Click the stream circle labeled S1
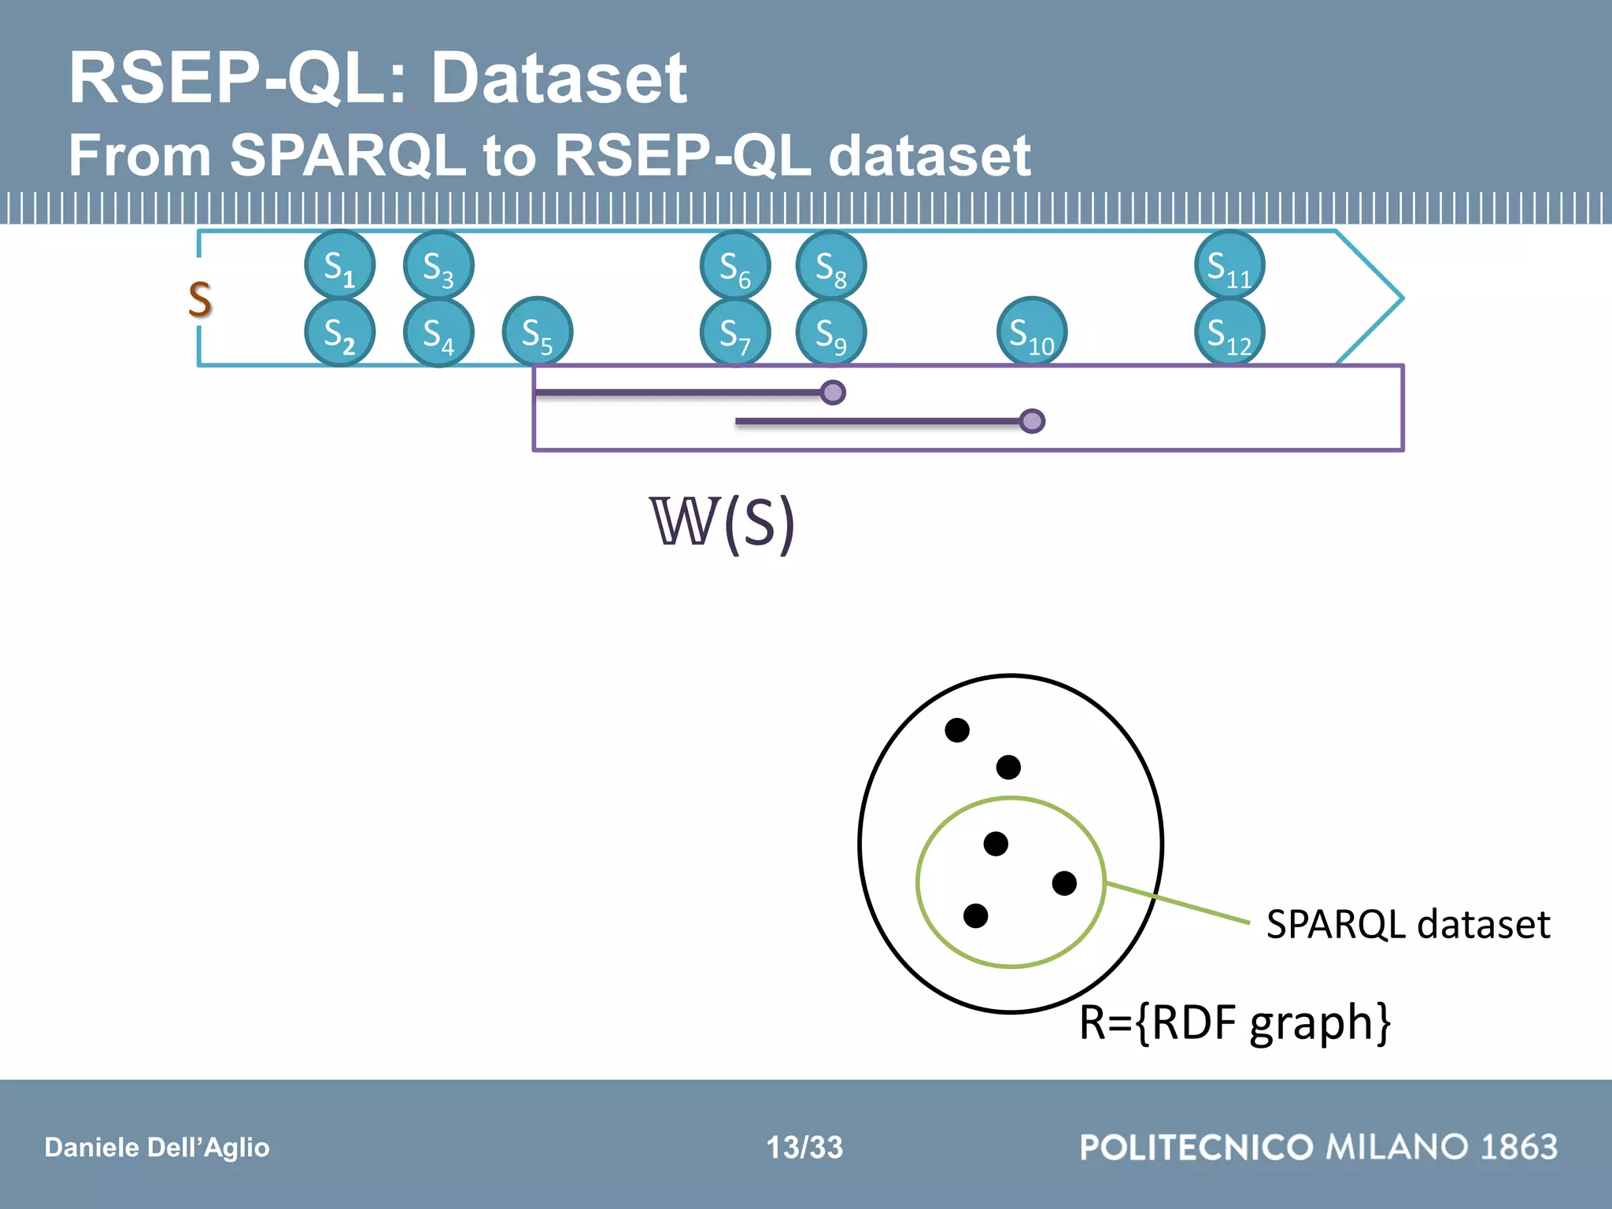pos(339,265)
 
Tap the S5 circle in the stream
pos(538,332)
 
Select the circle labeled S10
pos(1031,332)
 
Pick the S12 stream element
pos(1229,332)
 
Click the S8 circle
pos(831,265)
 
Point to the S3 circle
pos(438,265)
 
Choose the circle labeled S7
pos(735,332)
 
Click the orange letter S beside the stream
pos(200,299)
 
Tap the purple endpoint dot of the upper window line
pos(832,392)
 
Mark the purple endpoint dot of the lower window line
pos(1031,421)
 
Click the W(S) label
pos(722,523)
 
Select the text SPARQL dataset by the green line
pos(1407,924)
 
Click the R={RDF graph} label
pos(1234,1022)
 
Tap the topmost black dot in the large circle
pos(956,730)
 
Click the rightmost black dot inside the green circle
pos(1064,883)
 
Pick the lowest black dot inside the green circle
pos(975,915)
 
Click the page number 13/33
pos(804,1147)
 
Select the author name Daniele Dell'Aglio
pos(157,1147)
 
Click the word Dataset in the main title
pos(559,78)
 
